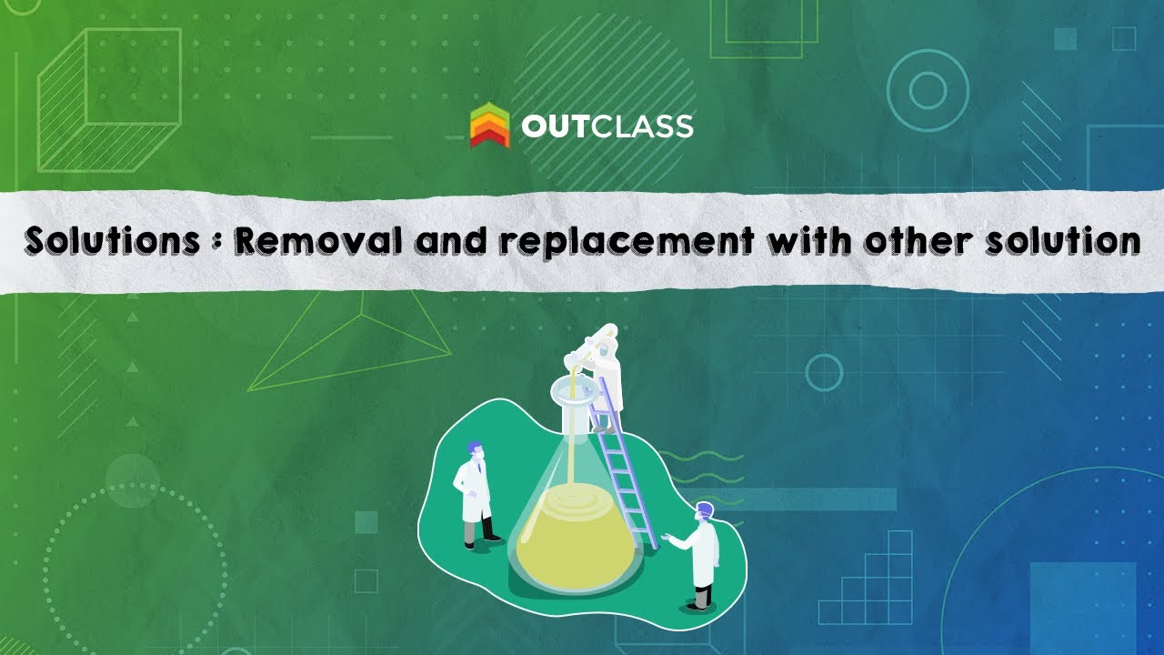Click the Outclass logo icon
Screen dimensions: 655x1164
[489, 126]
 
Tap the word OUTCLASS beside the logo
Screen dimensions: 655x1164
[607, 126]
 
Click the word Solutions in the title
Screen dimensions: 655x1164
[106, 242]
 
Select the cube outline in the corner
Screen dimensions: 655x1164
[109, 99]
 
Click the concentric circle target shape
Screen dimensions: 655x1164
[928, 91]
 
